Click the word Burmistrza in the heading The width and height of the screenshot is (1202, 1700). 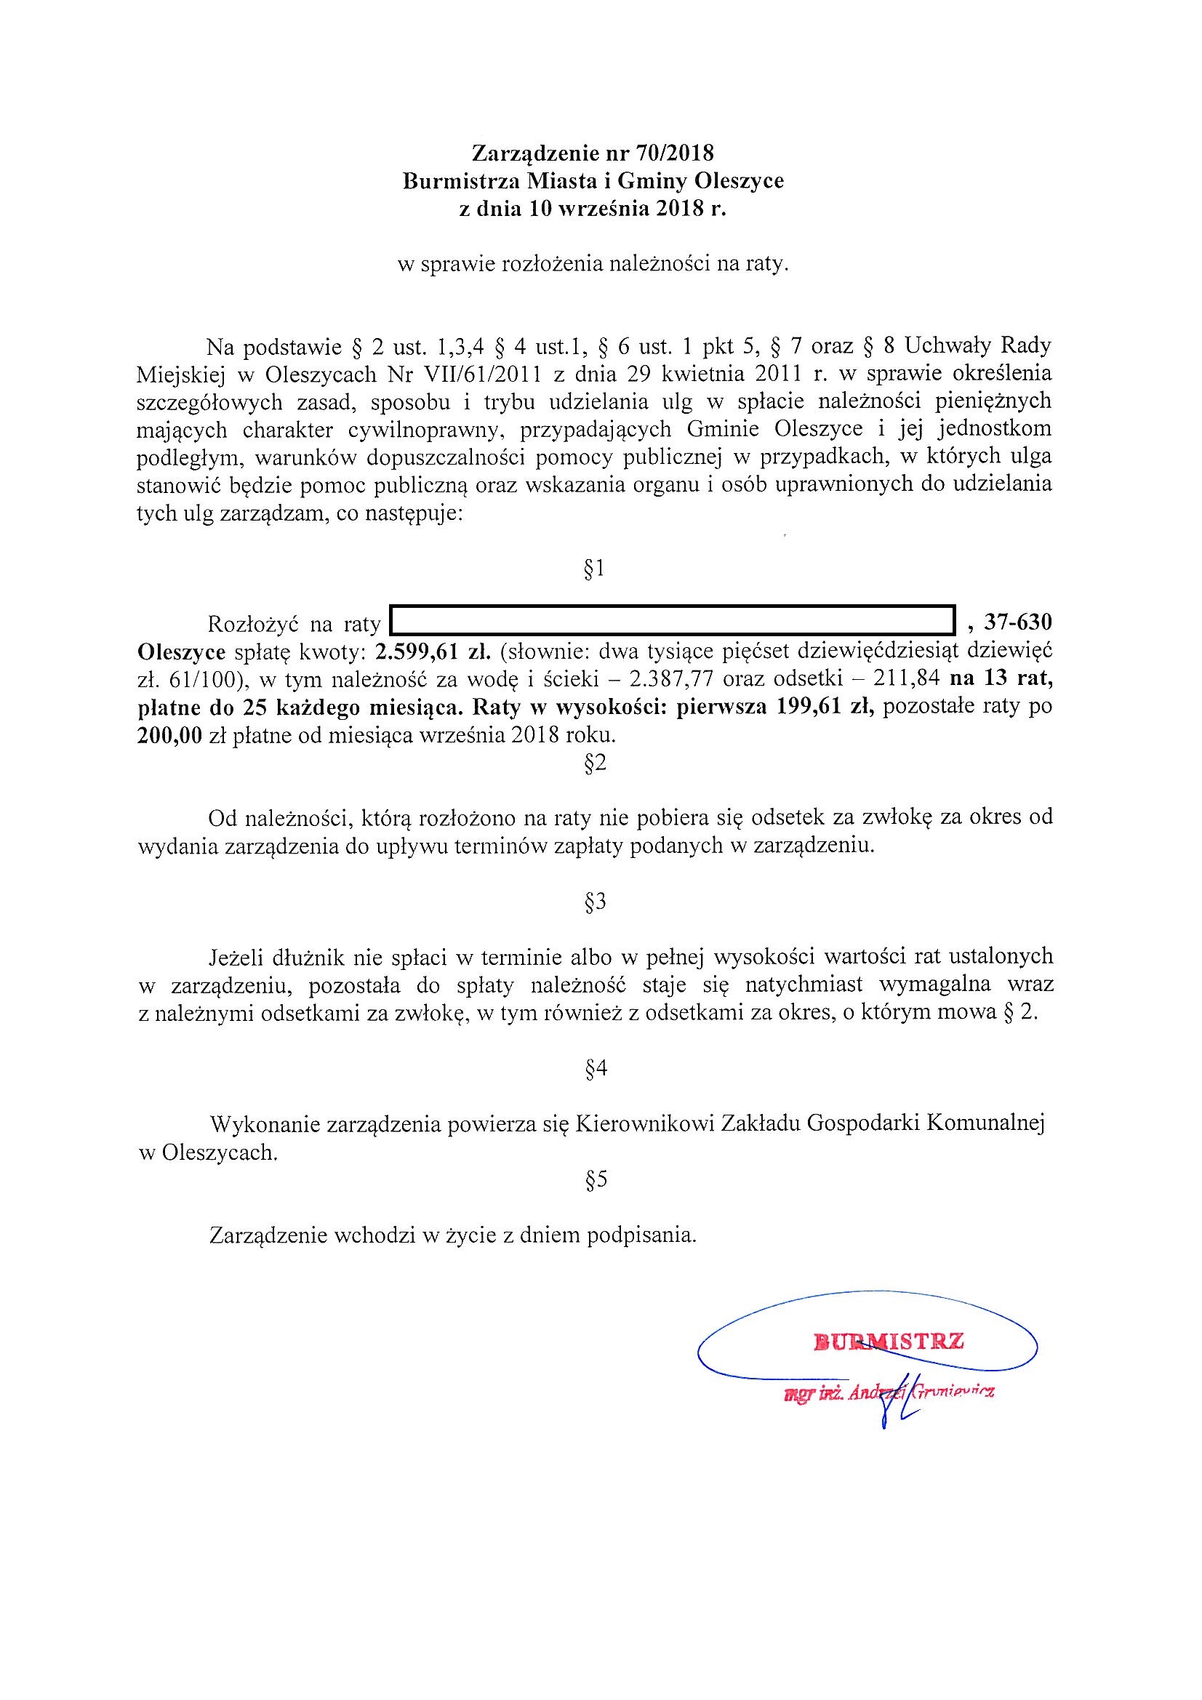(x=450, y=181)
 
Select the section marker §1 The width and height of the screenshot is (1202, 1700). (x=595, y=569)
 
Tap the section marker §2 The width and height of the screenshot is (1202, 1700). (x=596, y=764)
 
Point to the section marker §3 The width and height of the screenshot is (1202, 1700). (x=596, y=902)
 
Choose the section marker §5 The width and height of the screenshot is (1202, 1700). (x=596, y=1180)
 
